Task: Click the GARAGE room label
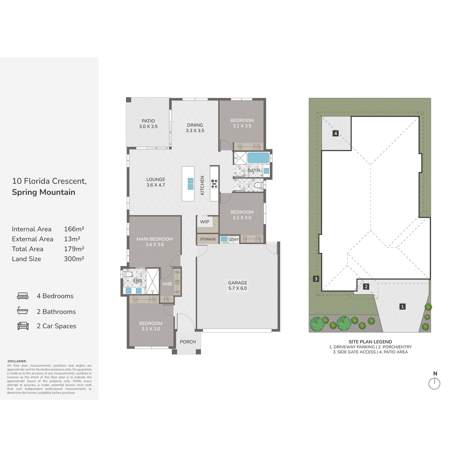(x=237, y=283)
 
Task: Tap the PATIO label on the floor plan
(x=148, y=121)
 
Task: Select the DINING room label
(x=195, y=125)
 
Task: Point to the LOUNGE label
(x=156, y=179)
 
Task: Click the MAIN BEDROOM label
(x=155, y=239)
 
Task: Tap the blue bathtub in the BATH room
(x=258, y=158)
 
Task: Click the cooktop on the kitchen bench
(x=214, y=184)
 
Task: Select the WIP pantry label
(x=205, y=222)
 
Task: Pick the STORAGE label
(x=208, y=239)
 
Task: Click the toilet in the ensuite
(x=127, y=274)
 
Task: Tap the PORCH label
(x=188, y=342)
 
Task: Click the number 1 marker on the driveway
(x=402, y=307)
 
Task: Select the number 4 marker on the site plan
(x=336, y=133)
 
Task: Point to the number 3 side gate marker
(x=316, y=279)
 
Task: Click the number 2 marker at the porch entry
(x=366, y=286)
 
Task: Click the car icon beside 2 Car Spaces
(x=23, y=326)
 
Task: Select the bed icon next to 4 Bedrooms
(x=23, y=296)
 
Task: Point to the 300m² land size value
(x=74, y=259)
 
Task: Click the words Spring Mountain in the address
(x=44, y=192)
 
